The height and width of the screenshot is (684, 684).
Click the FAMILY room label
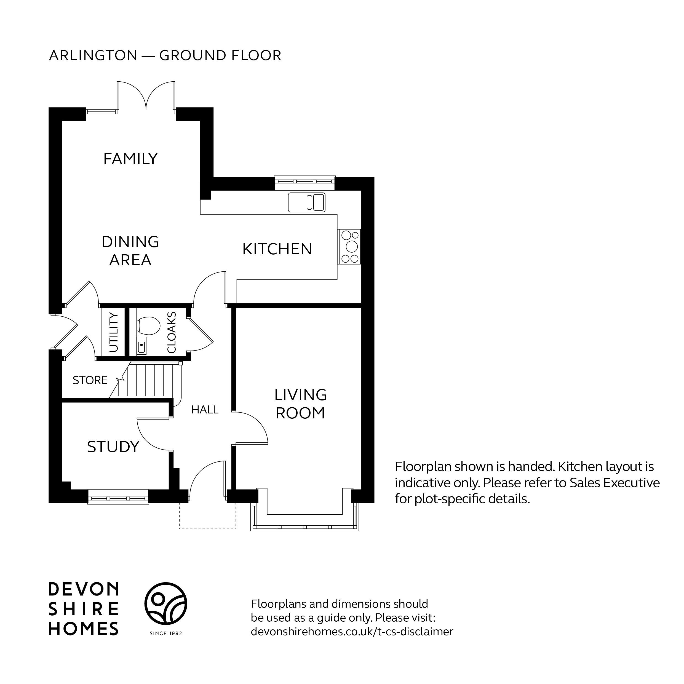(130, 159)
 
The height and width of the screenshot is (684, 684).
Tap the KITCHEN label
(277, 249)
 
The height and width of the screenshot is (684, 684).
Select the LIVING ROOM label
(300, 404)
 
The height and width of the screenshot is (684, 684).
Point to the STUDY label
(113, 447)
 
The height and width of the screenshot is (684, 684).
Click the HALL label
(205, 410)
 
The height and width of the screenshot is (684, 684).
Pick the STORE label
(90, 380)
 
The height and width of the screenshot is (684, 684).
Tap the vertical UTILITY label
(114, 332)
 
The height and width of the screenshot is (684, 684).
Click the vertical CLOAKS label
(171, 332)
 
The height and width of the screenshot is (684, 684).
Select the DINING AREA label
(130, 251)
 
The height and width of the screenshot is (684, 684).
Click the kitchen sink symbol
(307, 202)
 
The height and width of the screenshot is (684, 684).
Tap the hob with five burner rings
(349, 247)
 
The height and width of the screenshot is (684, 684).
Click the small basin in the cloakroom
(141, 346)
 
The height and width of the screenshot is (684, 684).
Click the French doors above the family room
(146, 96)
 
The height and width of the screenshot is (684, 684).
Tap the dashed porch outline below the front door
(207, 519)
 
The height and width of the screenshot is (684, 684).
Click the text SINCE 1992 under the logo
(166, 633)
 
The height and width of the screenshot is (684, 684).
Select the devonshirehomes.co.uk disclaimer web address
(352, 632)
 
